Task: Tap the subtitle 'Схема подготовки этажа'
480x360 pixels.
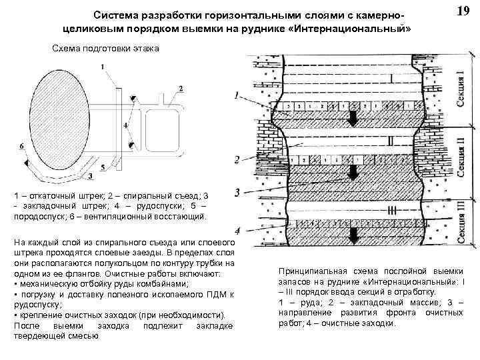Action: (x=105, y=50)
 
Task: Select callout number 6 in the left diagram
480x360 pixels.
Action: (x=22, y=145)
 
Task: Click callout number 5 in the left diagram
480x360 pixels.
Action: (x=103, y=167)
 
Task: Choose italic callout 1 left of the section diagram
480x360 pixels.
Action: (x=237, y=95)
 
